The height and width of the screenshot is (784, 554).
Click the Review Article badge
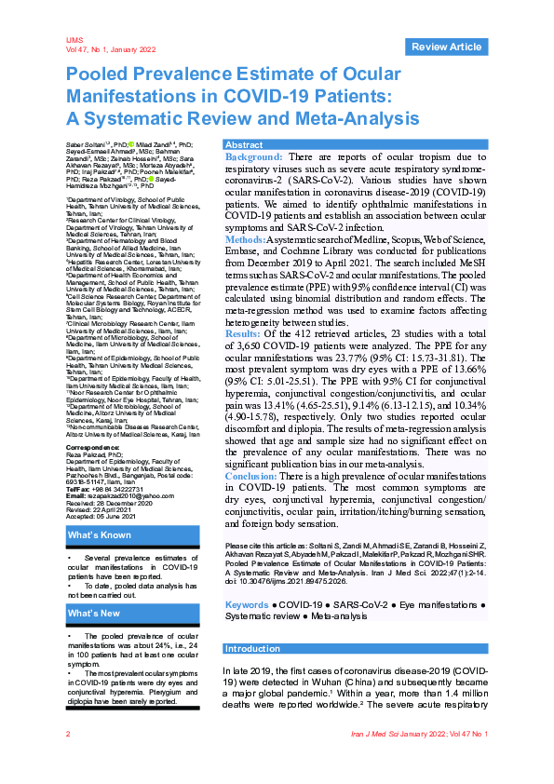tap(446, 47)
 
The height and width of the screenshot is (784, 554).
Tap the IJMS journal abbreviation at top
tap(74, 41)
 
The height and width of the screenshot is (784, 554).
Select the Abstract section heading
tap(245, 145)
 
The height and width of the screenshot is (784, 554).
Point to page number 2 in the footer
tap(68, 761)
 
